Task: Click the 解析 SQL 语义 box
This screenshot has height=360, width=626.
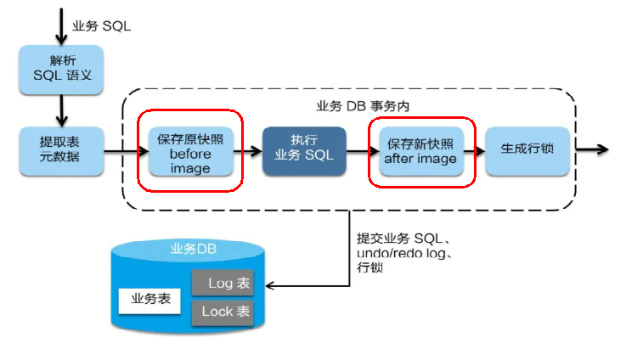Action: (60, 70)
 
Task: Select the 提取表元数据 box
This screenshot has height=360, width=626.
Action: (60, 149)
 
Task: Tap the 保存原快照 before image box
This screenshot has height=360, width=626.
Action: (189, 152)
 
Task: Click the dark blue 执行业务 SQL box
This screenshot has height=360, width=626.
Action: (304, 150)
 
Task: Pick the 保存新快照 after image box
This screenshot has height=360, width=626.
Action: (420, 150)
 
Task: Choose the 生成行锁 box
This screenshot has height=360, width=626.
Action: (527, 149)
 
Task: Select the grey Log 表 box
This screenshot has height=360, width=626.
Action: (223, 284)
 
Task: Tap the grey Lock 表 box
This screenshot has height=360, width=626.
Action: (223, 312)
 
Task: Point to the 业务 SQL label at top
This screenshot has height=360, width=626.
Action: (101, 25)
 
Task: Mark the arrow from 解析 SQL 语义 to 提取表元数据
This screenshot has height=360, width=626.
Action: (60, 110)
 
